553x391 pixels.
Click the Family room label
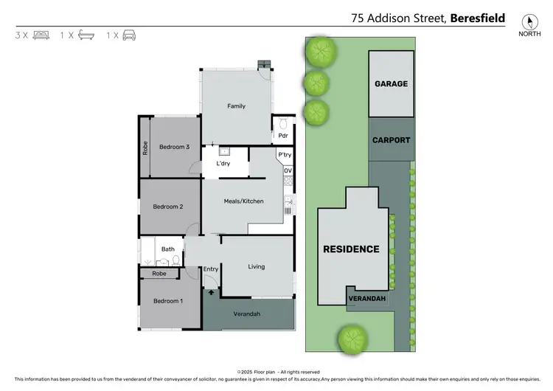[x=236, y=106]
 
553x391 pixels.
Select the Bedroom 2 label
[x=168, y=207]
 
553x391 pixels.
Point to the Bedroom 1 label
[x=168, y=301]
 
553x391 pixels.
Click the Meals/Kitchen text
[x=243, y=201]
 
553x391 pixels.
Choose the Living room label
[x=256, y=266]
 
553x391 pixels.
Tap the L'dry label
[x=223, y=164]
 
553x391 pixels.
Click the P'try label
[x=285, y=155]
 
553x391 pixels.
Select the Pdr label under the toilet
[x=282, y=136]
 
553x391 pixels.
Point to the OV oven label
[x=288, y=170]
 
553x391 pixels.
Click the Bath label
[x=168, y=249]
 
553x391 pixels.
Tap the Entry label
[x=211, y=269]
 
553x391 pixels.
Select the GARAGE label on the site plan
[x=391, y=84]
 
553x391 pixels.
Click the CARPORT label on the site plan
[x=391, y=140]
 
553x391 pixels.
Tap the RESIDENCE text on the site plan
[x=351, y=249]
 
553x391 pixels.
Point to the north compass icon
[x=528, y=24]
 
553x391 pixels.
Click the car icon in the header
[x=130, y=35]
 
